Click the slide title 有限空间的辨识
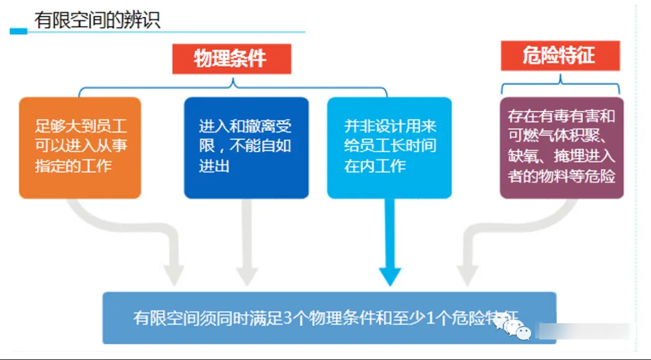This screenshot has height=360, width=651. click(97, 19)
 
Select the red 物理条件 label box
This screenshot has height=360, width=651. click(231, 58)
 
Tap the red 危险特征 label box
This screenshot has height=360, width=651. click(560, 56)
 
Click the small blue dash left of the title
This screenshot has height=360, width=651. click(19, 31)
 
